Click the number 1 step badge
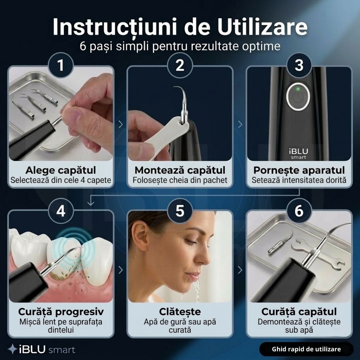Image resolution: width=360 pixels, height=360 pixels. (61, 65)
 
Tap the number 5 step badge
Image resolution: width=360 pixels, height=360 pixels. (180, 211)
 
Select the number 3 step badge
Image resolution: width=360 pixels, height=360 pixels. (299, 65)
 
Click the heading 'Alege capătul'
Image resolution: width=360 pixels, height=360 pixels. (61, 170)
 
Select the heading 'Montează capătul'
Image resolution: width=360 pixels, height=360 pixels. (180, 170)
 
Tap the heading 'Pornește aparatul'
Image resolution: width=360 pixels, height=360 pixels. (299, 170)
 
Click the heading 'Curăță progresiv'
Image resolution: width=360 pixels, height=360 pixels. (61, 312)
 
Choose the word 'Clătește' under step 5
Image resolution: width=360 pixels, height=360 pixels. (180, 312)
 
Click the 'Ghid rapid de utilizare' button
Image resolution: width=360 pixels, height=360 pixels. (306, 349)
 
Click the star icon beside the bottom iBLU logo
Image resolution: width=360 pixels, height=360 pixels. (12, 349)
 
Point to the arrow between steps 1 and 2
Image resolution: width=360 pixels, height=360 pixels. (120, 124)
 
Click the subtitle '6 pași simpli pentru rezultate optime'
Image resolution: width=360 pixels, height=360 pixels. (180, 46)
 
